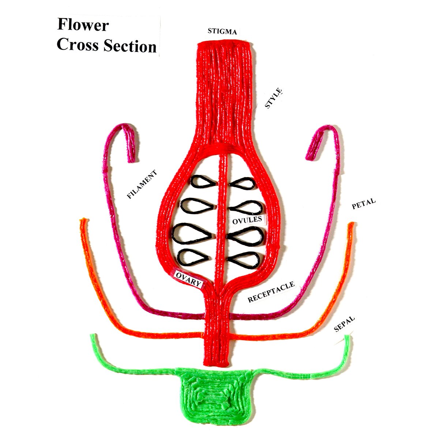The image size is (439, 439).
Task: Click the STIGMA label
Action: [x=222, y=31]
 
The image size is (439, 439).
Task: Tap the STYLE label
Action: [x=274, y=98]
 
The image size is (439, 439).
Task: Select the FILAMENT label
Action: [x=142, y=184]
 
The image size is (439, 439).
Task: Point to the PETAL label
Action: [x=363, y=204]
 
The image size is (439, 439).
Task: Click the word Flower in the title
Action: [x=83, y=26]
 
